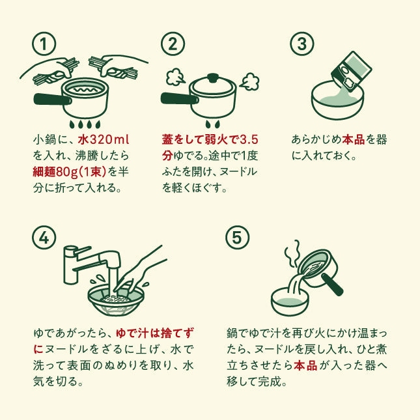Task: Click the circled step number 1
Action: (44, 44)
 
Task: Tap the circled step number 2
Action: (173, 44)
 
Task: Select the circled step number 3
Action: (301, 44)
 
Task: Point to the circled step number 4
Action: (44, 238)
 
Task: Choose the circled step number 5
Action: (237, 238)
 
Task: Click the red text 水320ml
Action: (104, 140)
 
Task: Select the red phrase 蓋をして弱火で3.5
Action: (210, 140)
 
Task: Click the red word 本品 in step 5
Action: (305, 365)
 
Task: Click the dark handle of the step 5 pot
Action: (335, 287)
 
